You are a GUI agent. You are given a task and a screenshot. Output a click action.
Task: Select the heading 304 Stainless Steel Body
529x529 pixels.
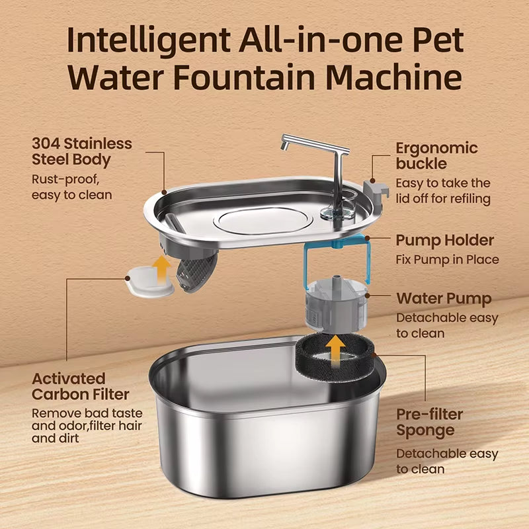82,151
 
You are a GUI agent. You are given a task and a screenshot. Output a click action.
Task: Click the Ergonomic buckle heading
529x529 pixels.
436,155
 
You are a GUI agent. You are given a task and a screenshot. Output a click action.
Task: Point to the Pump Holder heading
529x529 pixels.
444,240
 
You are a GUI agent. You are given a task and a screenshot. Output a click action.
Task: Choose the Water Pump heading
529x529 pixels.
444,299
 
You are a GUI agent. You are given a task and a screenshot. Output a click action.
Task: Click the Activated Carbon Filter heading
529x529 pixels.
81,387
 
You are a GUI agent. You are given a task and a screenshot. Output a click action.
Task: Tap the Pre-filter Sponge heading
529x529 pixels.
429,423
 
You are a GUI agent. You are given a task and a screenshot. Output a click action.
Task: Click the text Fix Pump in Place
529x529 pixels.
447,260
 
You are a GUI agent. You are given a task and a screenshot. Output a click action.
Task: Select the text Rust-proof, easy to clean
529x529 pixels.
72,186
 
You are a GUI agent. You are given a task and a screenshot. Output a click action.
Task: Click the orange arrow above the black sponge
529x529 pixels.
337,348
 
